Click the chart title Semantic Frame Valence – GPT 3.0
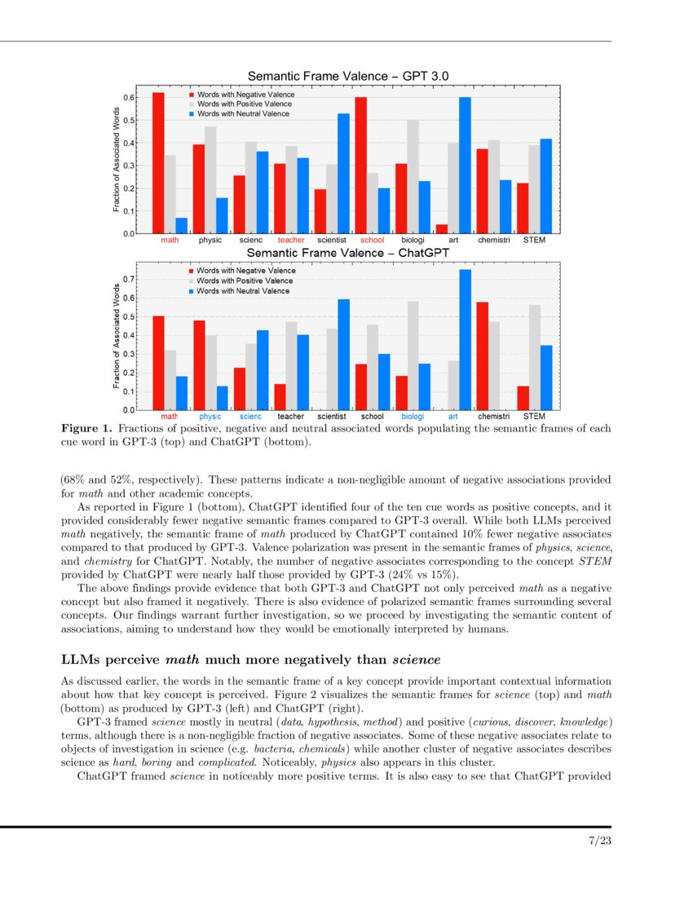click(x=348, y=76)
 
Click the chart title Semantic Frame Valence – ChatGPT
click(x=348, y=253)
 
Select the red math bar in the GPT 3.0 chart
click(x=158, y=163)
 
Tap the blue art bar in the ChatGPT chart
click(x=465, y=339)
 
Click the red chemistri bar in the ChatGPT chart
click(x=482, y=356)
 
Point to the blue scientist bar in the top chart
click(x=343, y=174)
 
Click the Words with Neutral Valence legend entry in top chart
click(x=242, y=114)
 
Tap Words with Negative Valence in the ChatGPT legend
click(x=245, y=271)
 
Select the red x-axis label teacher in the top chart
click(x=291, y=241)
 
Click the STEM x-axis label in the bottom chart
click(x=534, y=417)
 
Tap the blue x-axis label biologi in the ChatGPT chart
click(x=413, y=417)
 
